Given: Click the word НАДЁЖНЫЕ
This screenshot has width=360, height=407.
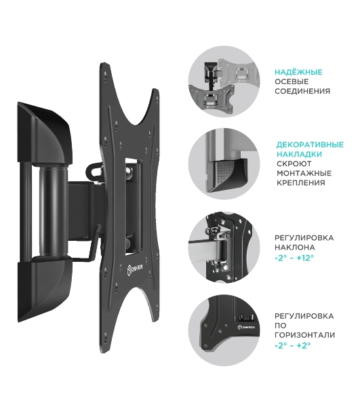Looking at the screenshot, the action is [298, 72].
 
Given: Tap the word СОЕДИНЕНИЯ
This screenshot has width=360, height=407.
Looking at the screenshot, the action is [302, 91].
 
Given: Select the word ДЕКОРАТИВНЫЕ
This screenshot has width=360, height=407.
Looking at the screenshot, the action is [310, 144].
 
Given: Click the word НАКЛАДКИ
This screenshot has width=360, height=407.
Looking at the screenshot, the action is [299, 154].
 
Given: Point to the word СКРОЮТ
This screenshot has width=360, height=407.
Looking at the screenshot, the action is [294, 163].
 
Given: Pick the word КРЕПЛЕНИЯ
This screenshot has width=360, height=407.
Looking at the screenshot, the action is [300, 182].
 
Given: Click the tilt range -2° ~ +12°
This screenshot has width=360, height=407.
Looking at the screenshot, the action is [294, 258].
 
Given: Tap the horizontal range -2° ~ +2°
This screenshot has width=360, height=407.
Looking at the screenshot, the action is [293, 345].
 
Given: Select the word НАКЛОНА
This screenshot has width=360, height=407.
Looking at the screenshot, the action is [295, 247].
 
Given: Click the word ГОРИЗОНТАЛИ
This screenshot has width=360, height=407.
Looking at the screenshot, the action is [305, 335].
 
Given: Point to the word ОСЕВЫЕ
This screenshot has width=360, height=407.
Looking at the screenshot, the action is [292, 81].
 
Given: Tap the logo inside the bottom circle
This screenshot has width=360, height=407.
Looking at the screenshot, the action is [246, 327].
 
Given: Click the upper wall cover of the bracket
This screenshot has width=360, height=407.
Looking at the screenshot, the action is [45, 133].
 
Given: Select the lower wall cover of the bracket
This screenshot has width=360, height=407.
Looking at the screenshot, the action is [45, 289].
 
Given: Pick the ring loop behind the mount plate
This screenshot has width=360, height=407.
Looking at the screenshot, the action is [94, 170].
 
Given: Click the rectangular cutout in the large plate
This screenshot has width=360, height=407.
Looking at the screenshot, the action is [134, 207].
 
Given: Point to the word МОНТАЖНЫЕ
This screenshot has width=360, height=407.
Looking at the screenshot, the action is [304, 173].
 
